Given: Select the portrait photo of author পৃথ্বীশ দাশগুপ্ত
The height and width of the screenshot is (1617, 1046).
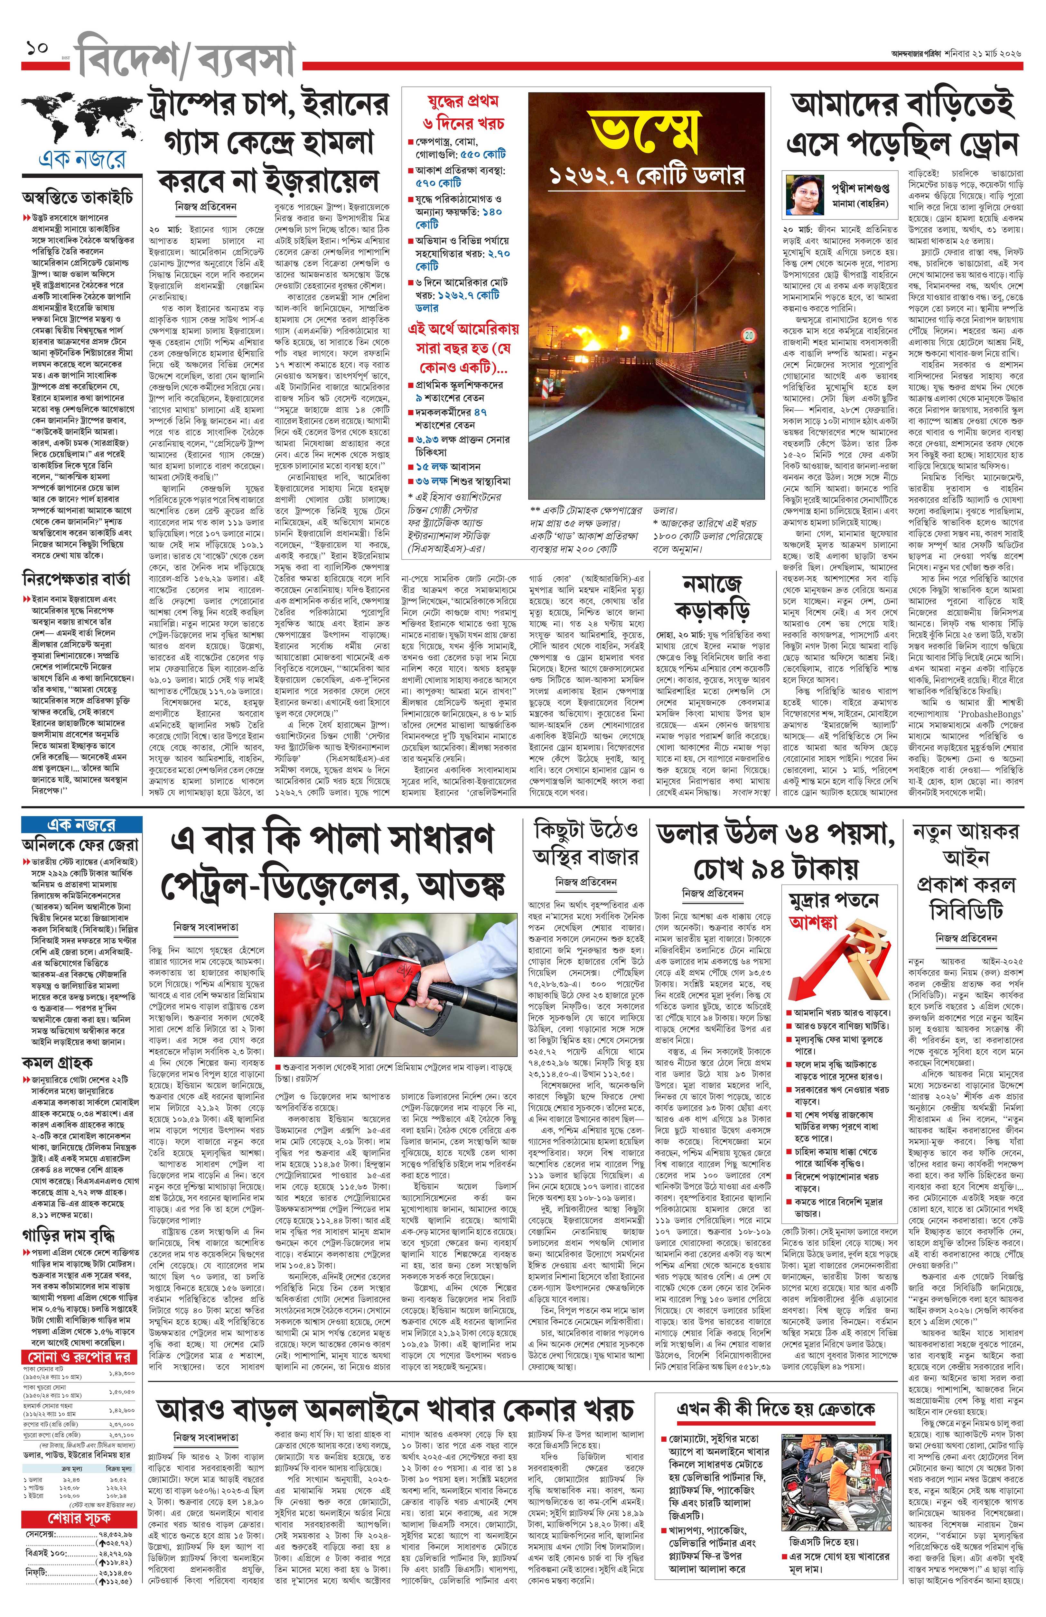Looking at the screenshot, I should [805, 193].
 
